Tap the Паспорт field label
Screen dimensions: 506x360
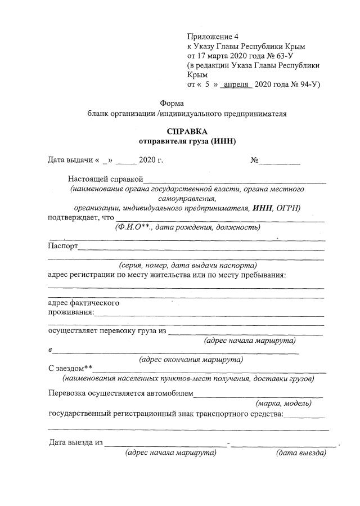pos(63,246)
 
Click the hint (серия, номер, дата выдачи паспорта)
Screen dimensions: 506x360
pos(187,265)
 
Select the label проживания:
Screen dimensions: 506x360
pos(71,312)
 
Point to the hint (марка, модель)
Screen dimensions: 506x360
pos(283,403)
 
